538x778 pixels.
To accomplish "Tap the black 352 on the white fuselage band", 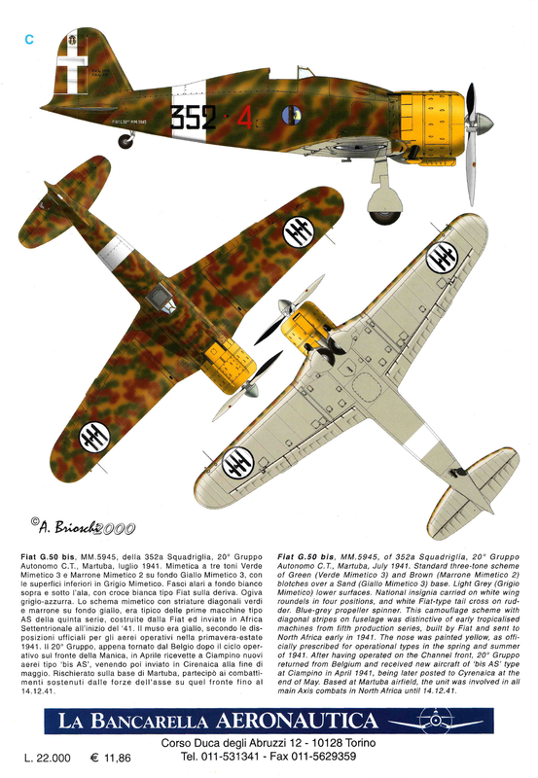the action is click(x=194, y=117).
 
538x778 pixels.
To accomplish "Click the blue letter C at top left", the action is click(x=29, y=39).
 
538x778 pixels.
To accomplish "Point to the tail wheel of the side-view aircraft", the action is click(x=126, y=141).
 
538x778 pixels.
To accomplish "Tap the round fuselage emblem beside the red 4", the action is click(x=292, y=114).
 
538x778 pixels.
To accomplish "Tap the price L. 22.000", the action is click(x=47, y=756).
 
